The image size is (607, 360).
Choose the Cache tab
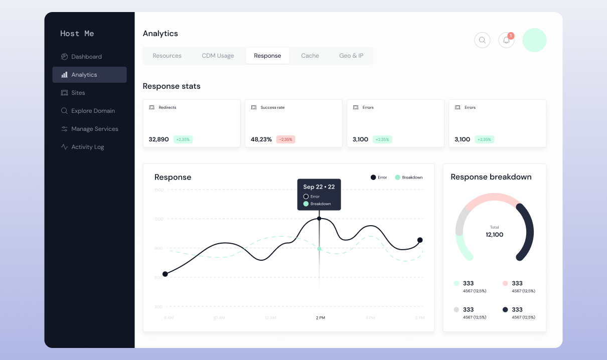pos(310,56)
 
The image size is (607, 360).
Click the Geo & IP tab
pos(351,56)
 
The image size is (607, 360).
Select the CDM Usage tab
pos(218,56)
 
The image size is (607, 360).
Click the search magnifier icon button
pos(482,40)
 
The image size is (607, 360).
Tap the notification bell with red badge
pos(506,40)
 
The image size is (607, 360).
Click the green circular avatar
pos(534,40)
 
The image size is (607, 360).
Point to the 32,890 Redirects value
pos(159,139)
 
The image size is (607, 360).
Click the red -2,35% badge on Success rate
pos(285,139)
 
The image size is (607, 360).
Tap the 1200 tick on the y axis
pos(159,219)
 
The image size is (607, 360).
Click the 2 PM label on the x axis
pos(320,318)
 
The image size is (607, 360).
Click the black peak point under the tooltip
pos(319,219)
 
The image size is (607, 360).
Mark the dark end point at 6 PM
pos(420,240)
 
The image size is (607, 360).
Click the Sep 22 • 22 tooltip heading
pos(319,187)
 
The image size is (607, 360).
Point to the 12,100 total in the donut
pos(494,235)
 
